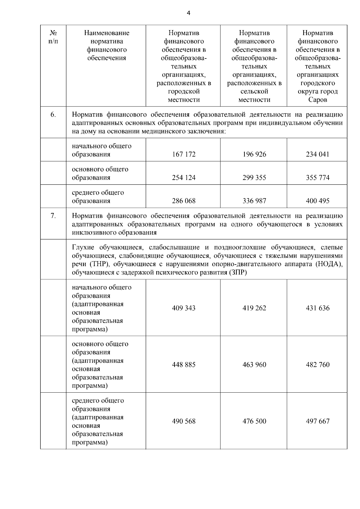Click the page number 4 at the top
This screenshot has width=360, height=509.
(188, 13)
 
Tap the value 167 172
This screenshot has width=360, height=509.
(184, 154)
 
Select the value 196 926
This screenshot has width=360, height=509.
(254, 154)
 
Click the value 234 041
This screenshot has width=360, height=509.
(317, 154)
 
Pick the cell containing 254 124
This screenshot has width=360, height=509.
(184, 178)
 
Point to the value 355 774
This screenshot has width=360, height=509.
(317, 178)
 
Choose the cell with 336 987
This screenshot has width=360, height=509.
(254, 201)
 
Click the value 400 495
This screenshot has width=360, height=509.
(317, 201)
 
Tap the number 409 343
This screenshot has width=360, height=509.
(184, 308)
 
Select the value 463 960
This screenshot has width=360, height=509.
(254, 365)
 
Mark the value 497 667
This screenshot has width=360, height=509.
(317, 421)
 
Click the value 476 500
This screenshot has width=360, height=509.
(254, 421)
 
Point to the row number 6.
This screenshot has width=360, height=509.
(53, 115)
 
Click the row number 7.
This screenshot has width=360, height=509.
(53, 216)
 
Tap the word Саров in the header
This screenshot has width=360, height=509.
(317, 100)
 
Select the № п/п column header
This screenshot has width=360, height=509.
(53, 37)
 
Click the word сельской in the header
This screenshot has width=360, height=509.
(254, 91)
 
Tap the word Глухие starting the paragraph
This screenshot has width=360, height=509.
(83, 247)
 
